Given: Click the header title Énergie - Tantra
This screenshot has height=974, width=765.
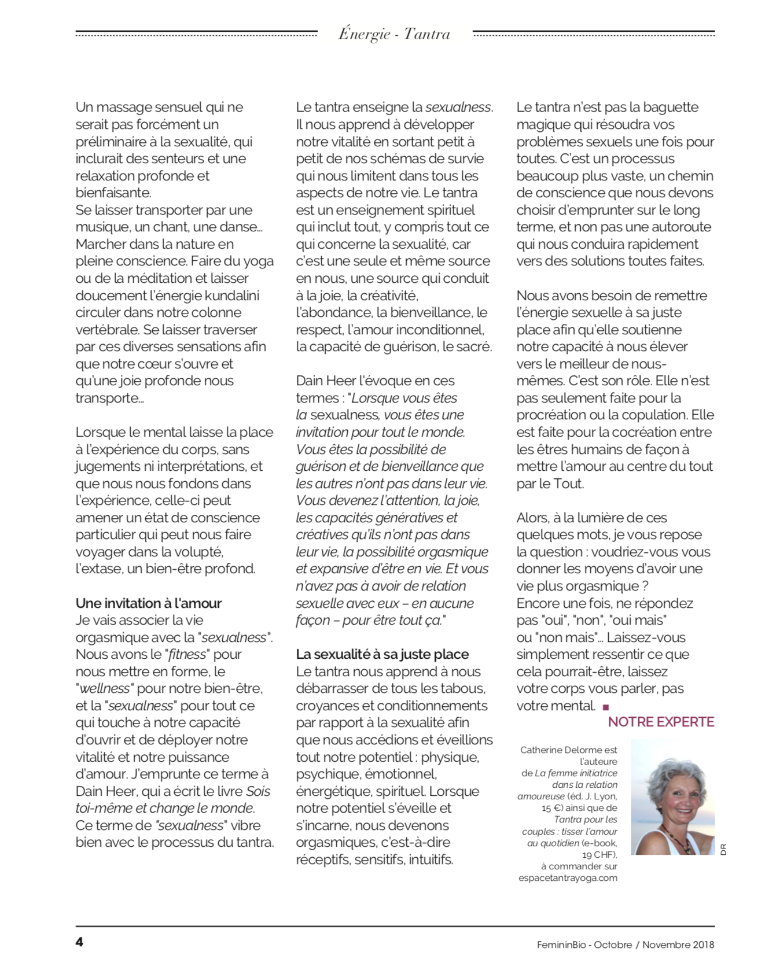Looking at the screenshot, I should click(x=394, y=34).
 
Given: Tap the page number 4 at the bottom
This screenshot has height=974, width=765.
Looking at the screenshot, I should click(x=79, y=942).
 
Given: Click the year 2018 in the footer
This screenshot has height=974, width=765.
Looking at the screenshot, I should click(x=703, y=945).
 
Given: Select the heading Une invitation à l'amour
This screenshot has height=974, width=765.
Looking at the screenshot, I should click(x=149, y=603).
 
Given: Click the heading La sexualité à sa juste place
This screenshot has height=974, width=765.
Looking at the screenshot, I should click(x=382, y=654).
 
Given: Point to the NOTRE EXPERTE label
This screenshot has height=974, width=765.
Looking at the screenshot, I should click(x=661, y=722).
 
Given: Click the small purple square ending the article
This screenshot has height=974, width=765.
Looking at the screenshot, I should click(x=606, y=707).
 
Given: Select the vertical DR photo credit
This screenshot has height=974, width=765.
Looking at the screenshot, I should click(x=723, y=850).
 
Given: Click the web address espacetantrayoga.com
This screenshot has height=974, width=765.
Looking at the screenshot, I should click(x=568, y=878).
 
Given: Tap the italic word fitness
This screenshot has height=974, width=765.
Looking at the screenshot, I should click(x=187, y=654).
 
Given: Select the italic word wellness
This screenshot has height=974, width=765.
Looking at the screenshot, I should click(x=105, y=688).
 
